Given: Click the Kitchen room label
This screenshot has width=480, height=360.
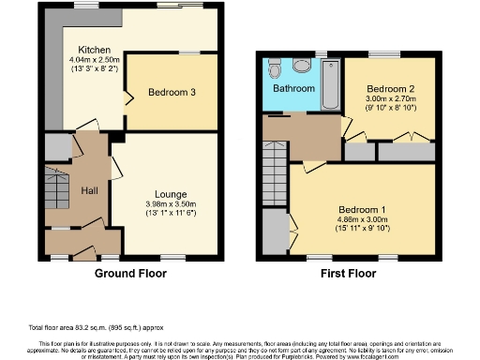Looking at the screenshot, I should click(x=95, y=50).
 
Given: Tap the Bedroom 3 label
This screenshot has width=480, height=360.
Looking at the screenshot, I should click(x=172, y=92).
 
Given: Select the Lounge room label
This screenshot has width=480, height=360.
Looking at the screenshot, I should click(x=170, y=194).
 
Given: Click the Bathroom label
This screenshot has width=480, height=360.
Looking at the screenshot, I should click(x=293, y=89).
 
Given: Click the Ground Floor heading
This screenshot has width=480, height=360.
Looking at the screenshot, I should click(x=130, y=275).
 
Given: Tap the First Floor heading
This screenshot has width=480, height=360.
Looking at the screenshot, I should click(x=349, y=275).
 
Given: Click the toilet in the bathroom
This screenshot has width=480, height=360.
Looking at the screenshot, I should click(x=275, y=68).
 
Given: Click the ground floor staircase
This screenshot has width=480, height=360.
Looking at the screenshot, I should click(x=57, y=187).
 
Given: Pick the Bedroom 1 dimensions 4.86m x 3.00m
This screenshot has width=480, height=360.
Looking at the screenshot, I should click(x=363, y=223).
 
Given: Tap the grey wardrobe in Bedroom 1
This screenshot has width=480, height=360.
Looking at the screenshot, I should click(x=276, y=229).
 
